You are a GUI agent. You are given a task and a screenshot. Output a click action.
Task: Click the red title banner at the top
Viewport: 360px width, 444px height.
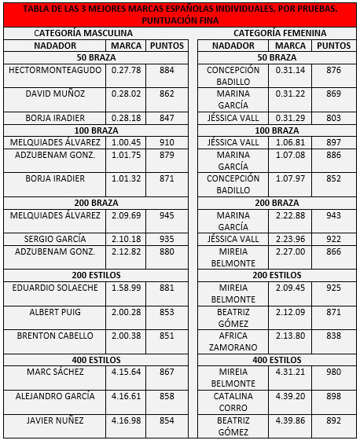[x=180, y=15]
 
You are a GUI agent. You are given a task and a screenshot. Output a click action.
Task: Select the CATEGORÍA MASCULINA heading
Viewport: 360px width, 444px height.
[x=94, y=34]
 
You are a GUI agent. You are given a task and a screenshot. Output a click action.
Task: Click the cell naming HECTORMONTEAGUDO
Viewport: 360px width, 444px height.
[x=54, y=71]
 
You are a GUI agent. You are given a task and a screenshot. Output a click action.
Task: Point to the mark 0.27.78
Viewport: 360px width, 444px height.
[x=126, y=71]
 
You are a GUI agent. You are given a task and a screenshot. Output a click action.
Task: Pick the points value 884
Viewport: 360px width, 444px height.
[x=167, y=71]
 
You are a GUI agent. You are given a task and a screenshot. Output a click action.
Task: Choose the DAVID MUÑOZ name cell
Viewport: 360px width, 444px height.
[x=54, y=94]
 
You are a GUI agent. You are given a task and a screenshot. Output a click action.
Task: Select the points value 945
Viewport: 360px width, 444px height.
[x=167, y=215]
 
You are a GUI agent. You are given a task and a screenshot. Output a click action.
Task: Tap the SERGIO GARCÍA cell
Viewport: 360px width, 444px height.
[x=54, y=239]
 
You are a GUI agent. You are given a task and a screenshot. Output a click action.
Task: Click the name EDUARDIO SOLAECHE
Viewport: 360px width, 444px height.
[x=54, y=288]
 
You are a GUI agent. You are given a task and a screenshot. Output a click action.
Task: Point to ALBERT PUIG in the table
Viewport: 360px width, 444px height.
[x=54, y=313]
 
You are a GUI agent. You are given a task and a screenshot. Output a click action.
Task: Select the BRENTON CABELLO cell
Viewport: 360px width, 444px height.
[x=54, y=336]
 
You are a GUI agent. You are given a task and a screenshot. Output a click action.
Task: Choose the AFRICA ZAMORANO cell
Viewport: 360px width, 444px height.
[x=233, y=341]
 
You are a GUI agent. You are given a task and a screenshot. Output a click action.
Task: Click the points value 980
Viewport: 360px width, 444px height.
[x=334, y=372]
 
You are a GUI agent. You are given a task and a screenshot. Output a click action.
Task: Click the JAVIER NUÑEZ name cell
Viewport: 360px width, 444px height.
[x=54, y=420]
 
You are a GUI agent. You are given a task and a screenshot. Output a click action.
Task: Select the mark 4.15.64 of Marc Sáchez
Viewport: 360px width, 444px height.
[x=126, y=372]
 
